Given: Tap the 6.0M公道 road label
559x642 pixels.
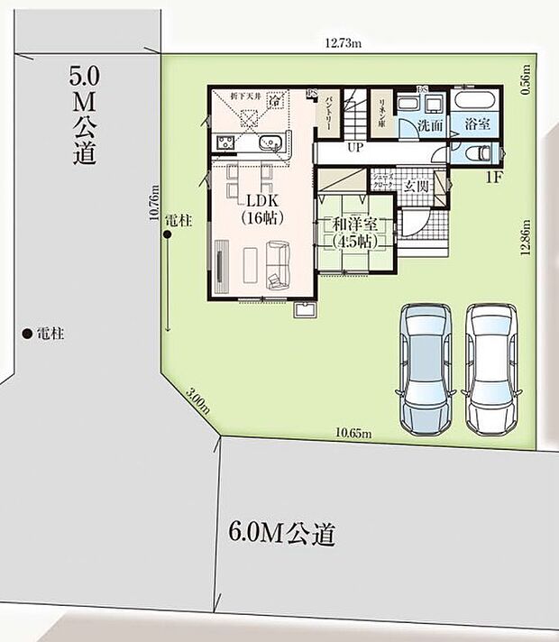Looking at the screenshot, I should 277,535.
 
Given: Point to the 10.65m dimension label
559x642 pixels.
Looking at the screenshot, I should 353,434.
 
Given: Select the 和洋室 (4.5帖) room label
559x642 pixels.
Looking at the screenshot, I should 353,234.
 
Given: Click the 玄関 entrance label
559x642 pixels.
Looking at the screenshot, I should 416,186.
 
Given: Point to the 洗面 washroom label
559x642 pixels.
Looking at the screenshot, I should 429,127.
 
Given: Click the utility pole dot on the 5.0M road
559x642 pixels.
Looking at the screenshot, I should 27,333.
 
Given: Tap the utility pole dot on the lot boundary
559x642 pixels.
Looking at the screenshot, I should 168,236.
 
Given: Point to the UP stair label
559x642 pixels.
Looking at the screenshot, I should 355,146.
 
